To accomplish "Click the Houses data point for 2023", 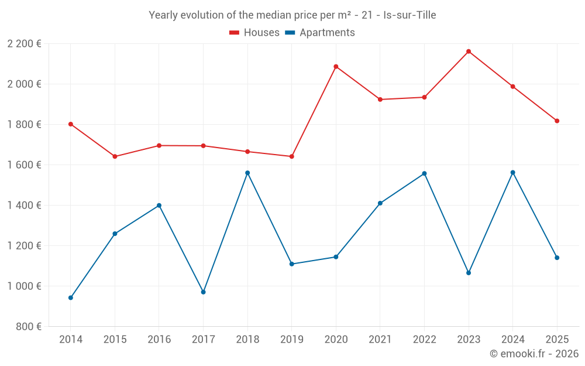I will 469,52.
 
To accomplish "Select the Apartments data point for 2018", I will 247,173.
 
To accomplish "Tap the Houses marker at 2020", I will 336,67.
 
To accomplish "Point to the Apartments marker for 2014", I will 71,297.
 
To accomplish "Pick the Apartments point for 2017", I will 203,292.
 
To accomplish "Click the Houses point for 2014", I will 71,124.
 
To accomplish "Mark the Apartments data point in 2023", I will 469,273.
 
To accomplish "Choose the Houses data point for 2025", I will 557,121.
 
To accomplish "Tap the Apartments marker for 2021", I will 380,203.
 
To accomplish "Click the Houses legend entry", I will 254,33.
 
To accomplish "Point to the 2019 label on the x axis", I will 291,339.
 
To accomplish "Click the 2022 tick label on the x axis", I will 424,339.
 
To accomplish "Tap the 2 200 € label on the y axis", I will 25,44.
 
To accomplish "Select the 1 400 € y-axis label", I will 25,206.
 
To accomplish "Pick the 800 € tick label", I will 27,327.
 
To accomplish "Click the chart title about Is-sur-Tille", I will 292,15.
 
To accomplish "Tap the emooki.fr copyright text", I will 534,354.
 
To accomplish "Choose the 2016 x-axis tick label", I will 159,339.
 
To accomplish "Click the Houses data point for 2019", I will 291,156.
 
